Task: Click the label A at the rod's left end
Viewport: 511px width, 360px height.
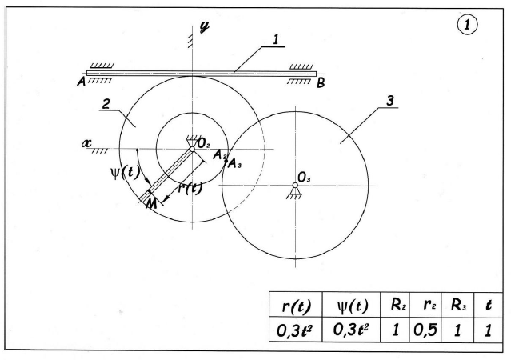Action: [x=81, y=80]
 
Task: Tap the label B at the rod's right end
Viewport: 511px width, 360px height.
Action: [x=320, y=81]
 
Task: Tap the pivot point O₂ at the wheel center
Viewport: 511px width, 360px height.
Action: [x=192, y=148]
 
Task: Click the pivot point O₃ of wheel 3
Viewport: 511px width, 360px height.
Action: [x=295, y=186]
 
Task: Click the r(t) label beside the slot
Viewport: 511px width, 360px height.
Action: [x=188, y=190]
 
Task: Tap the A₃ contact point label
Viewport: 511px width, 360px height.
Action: [x=234, y=165]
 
